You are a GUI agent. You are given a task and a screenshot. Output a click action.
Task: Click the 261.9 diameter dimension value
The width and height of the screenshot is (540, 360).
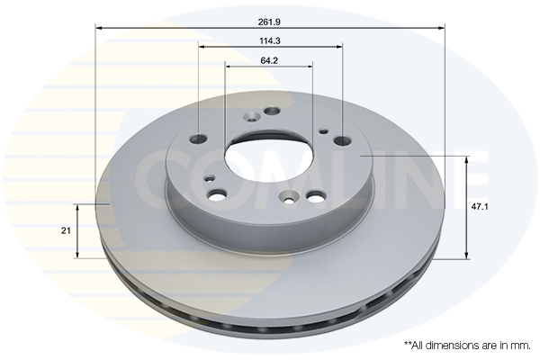[269, 22]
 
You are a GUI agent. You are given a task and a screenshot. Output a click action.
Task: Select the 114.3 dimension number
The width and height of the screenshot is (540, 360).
[270, 40]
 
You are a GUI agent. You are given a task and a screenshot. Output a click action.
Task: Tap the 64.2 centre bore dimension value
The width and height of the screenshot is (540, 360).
[269, 60]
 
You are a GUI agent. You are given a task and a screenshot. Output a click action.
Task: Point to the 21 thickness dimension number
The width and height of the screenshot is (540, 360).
[66, 230]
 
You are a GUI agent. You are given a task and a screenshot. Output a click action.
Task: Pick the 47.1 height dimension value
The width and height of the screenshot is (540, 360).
[480, 207]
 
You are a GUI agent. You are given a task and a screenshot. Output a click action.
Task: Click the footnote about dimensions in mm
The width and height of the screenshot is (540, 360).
[467, 345]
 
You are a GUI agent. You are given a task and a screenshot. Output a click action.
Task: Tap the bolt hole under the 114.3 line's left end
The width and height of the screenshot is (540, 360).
[198, 139]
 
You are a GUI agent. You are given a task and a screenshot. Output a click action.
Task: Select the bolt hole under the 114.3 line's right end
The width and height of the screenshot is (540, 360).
[343, 140]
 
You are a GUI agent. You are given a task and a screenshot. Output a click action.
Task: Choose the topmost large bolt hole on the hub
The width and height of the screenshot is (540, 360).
[272, 111]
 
